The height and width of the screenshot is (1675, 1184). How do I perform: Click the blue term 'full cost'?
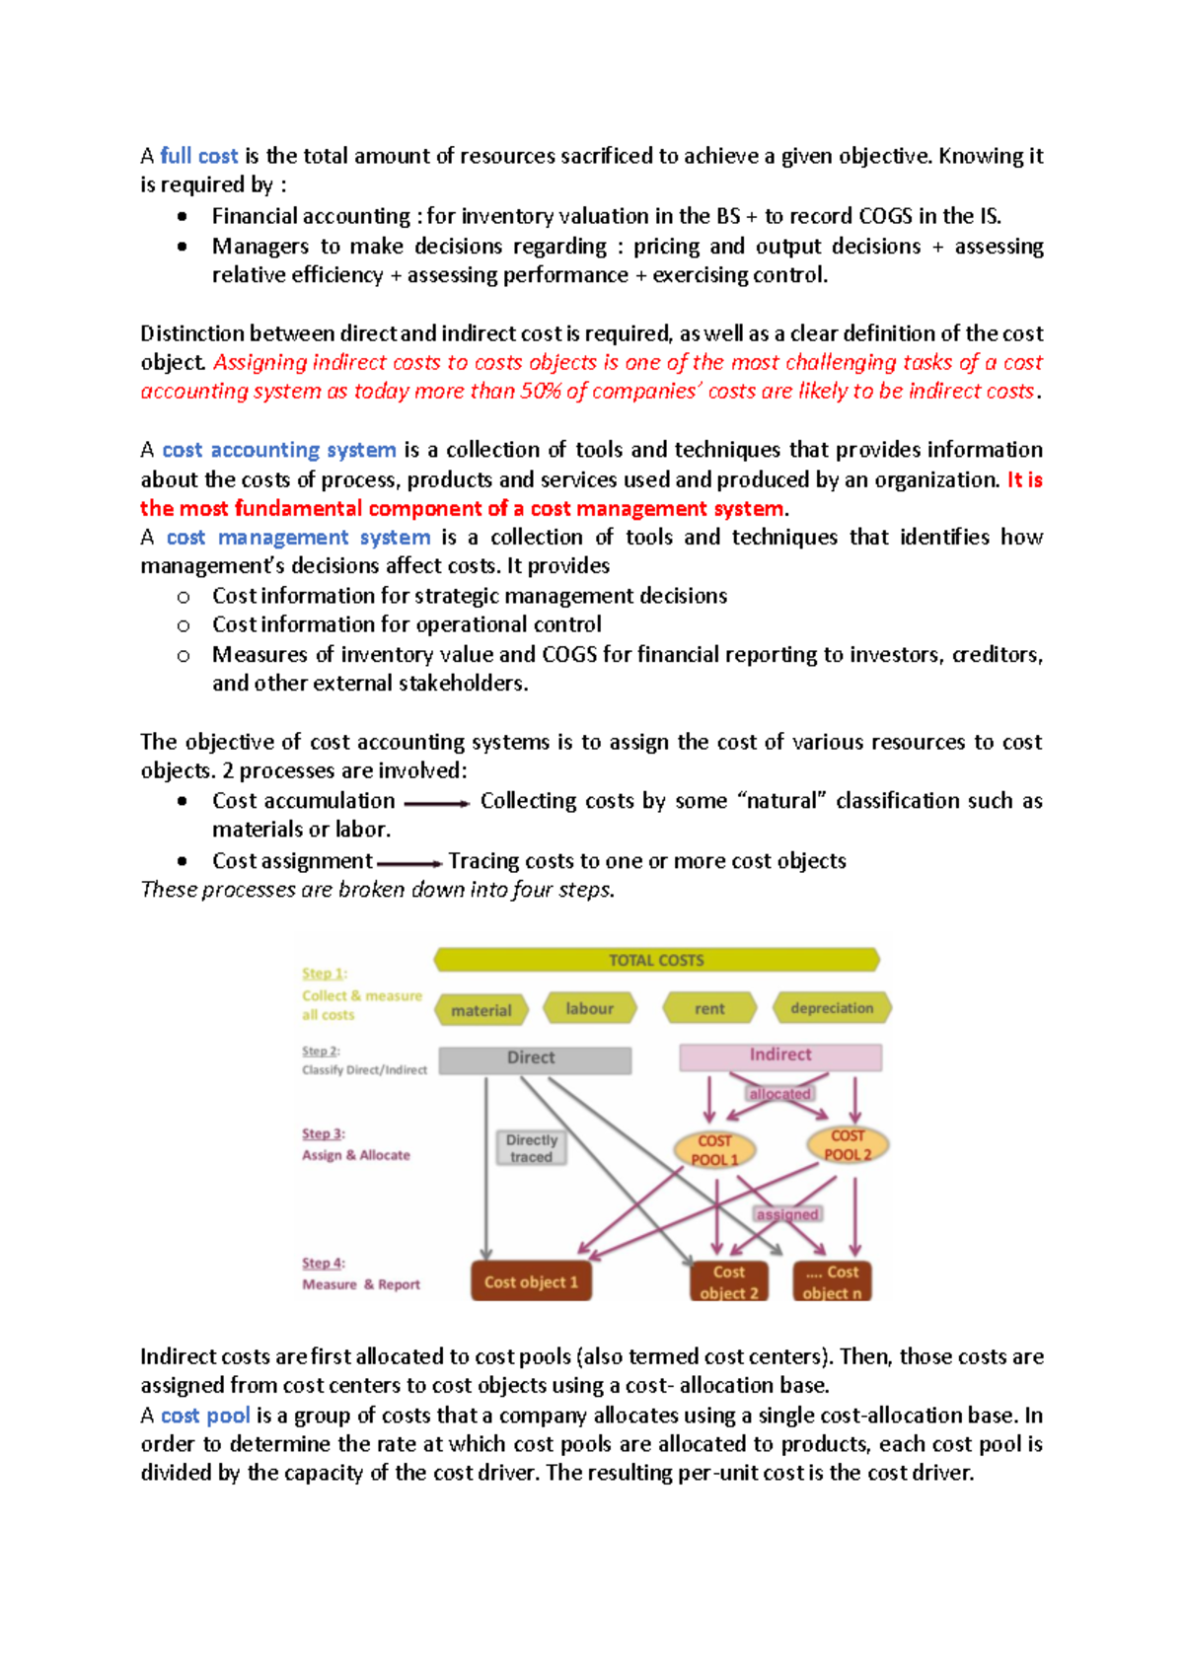pos(198,156)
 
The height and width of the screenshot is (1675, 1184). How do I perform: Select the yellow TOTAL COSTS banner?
pos(656,960)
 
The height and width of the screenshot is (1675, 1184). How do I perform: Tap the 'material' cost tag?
pos(481,1010)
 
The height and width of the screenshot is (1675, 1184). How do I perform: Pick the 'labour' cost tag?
pos(590,1008)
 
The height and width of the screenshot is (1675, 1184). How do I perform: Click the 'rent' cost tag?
pos(709,1008)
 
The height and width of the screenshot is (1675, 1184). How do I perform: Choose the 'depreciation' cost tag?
pos(832,1008)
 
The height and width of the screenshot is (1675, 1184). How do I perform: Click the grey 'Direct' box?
pos(534,1058)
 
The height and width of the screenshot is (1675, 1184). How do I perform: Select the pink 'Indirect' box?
pos(780,1056)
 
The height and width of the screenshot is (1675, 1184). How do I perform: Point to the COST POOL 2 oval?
pos(848,1145)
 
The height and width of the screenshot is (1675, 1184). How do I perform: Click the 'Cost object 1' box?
pos(531,1281)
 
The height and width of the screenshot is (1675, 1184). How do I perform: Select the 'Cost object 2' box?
pos(729,1282)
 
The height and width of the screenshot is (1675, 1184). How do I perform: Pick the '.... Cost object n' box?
pos(832,1282)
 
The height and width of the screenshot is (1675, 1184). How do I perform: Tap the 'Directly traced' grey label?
pos(532,1148)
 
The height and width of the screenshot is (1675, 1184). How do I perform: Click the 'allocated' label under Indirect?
pos(779,1093)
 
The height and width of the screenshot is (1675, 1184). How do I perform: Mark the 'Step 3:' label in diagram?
pos(324,1134)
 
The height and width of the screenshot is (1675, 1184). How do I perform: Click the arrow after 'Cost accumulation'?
pos(437,804)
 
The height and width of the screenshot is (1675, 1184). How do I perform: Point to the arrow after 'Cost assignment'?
pos(409,864)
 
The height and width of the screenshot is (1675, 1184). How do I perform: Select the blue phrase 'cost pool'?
pos(205,1416)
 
